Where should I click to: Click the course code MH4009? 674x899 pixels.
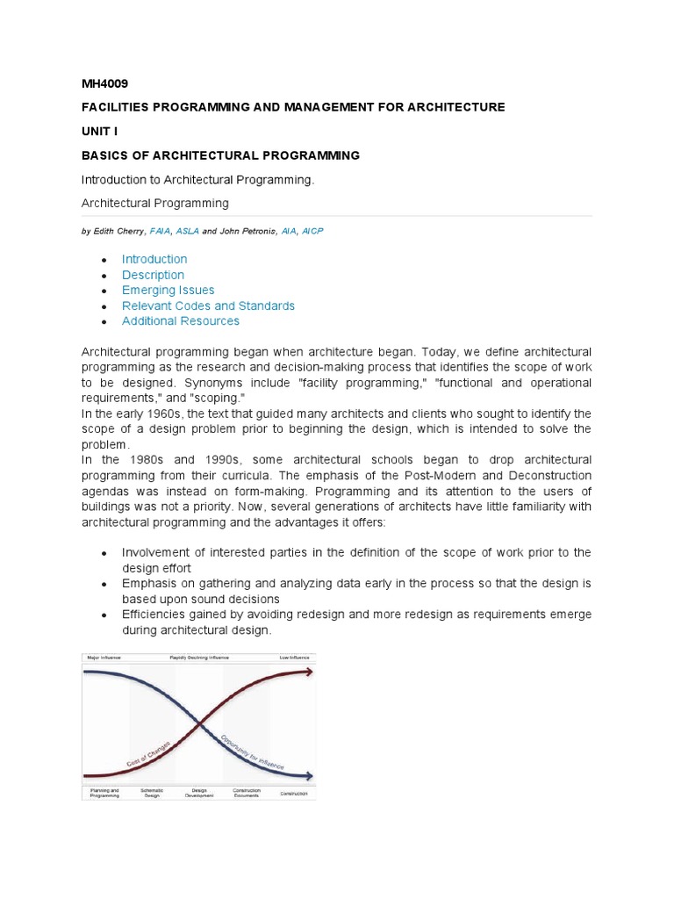[x=104, y=84]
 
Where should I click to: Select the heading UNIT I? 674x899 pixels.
[x=99, y=131]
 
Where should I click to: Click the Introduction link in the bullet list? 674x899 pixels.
[x=154, y=259]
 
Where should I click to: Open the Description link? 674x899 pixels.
[x=153, y=275]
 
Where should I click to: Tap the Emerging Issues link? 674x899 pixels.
[x=168, y=290]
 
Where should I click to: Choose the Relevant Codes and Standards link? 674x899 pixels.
[x=208, y=306]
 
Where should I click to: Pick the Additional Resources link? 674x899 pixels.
[x=180, y=321]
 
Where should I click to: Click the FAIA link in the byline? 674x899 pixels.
[x=161, y=231]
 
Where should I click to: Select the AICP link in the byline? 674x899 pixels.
[x=312, y=231]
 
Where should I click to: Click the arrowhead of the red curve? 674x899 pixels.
[x=308, y=672]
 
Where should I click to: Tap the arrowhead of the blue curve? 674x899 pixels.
[x=308, y=775]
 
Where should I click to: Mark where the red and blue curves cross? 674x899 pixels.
[x=201, y=723]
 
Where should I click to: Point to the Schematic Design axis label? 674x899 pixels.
[x=152, y=792]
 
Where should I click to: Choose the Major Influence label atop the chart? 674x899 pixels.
[x=102, y=657]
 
